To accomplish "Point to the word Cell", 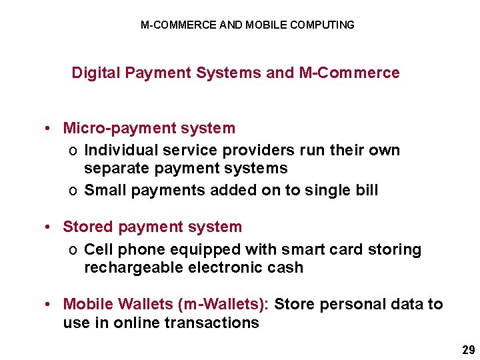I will pyautogui.click(x=97, y=250).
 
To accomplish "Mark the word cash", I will pyautogui.click(x=287, y=268).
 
